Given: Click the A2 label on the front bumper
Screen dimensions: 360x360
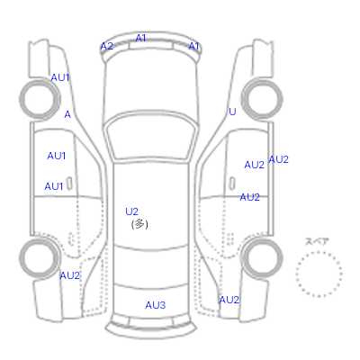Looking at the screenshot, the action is [106, 46].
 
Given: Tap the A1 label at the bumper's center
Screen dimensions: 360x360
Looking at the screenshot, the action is [140, 38].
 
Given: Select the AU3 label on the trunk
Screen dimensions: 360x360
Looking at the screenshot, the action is [156, 305].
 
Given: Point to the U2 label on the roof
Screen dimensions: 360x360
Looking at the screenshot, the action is [131, 211].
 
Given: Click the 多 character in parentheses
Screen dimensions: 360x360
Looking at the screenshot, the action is [139, 224].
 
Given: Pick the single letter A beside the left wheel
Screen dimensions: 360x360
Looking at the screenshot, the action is [67, 114].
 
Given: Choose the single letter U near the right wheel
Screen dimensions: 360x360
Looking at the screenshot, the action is [232, 112].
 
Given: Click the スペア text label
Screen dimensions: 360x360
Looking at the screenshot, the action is [317, 241].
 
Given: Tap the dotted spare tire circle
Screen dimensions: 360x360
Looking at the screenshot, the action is [319, 251].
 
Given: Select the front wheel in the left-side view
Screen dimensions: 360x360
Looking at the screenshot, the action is [40, 99].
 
